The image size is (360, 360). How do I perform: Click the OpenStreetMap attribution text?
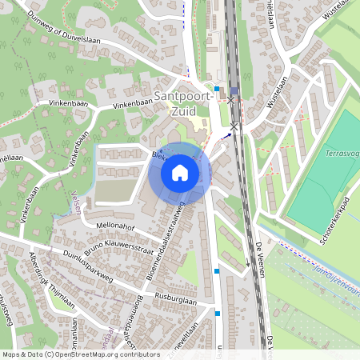(81, 354)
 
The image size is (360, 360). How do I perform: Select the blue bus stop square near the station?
(216, 89)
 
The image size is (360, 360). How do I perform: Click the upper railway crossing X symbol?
(231, 101)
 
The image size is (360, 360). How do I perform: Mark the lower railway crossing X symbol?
(234, 126)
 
